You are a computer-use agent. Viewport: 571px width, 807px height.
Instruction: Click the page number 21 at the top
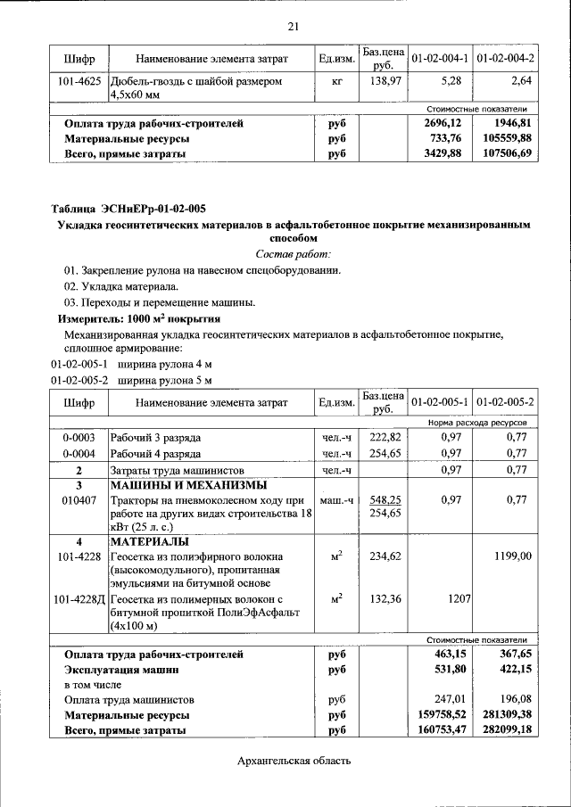pyautogui.click(x=294, y=25)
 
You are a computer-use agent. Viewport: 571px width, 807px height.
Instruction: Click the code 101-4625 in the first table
pyautogui.click(x=79, y=81)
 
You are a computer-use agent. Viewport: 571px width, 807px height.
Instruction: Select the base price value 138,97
pyautogui.click(x=383, y=81)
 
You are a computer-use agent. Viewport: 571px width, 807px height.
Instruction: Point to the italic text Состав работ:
pyautogui.click(x=293, y=254)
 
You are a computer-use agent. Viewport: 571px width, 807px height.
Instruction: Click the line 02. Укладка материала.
pyautogui.click(x=121, y=285)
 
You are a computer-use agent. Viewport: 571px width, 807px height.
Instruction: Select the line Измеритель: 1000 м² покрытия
pyautogui.click(x=139, y=317)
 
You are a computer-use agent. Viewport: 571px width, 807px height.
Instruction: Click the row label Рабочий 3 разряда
pyautogui.click(x=155, y=438)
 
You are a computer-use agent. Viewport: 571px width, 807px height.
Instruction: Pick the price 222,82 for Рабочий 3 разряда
pyautogui.click(x=386, y=438)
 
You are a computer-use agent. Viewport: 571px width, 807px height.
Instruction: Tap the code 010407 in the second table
pyautogui.click(x=79, y=501)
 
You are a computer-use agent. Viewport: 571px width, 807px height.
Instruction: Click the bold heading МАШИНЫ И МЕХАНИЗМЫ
pyautogui.click(x=187, y=485)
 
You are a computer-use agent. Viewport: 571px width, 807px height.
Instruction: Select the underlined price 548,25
pyautogui.click(x=386, y=501)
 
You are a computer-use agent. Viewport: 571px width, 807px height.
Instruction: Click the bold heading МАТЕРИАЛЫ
pyautogui.click(x=149, y=541)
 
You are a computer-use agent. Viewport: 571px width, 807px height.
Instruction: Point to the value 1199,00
pyautogui.click(x=513, y=556)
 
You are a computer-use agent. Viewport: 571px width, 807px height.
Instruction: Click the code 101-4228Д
pyautogui.click(x=79, y=598)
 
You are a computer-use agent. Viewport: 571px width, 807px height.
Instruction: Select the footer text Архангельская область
pyautogui.click(x=294, y=761)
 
